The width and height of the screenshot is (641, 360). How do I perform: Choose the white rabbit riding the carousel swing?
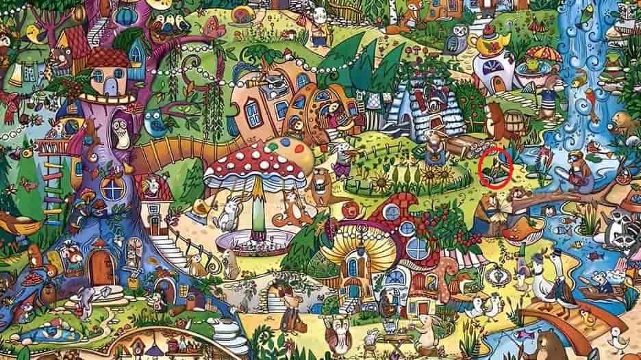(226, 212)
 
